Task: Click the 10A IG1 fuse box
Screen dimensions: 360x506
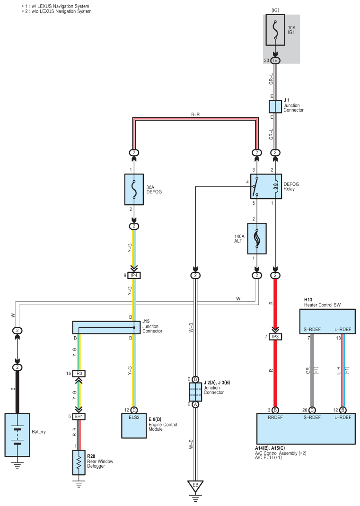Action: (x=275, y=30)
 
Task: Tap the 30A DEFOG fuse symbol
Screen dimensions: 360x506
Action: (x=134, y=190)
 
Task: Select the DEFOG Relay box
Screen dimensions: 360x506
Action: (x=266, y=186)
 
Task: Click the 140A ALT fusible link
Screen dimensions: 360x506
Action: (x=257, y=238)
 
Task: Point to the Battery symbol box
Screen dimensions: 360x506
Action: (x=17, y=435)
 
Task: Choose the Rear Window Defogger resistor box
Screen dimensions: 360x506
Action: (x=79, y=462)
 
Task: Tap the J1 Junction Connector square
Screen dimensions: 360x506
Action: (x=275, y=106)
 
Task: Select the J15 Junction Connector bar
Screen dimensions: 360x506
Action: (x=106, y=327)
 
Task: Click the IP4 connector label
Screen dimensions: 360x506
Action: (x=134, y=275)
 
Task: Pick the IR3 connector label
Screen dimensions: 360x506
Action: (x=79, y=374)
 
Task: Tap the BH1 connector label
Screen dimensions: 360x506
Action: (x=79, y=417)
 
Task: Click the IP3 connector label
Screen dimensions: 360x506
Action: (x=275, y=337)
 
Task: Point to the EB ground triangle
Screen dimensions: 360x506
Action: (x=195, y=486)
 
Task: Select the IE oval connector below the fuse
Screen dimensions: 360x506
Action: (x=275, y=61)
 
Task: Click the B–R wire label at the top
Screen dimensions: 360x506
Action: (x=195, y=114)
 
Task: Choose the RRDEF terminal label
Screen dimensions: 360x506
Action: (x=275, y=417)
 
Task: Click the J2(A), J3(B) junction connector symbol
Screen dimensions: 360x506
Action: (x=195, y=392)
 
